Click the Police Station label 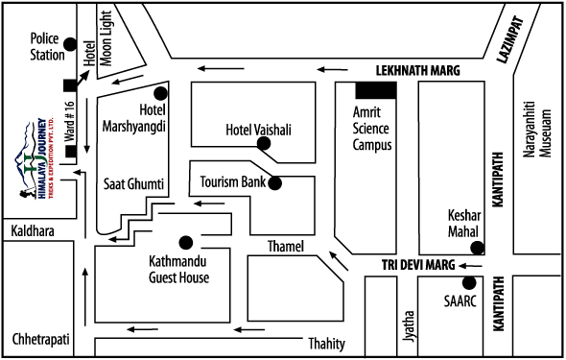coord(45,46)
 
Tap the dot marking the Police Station coord(69,44)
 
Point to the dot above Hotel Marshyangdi coord(160,93)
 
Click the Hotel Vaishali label coord(257,129)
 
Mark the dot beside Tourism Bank coord(277,181)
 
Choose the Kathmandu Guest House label coord(178,270)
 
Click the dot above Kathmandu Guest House coord(185,242)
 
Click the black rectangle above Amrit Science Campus coord(375,90)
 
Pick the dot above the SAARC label coord(469,283)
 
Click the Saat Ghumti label coord(133,182)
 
